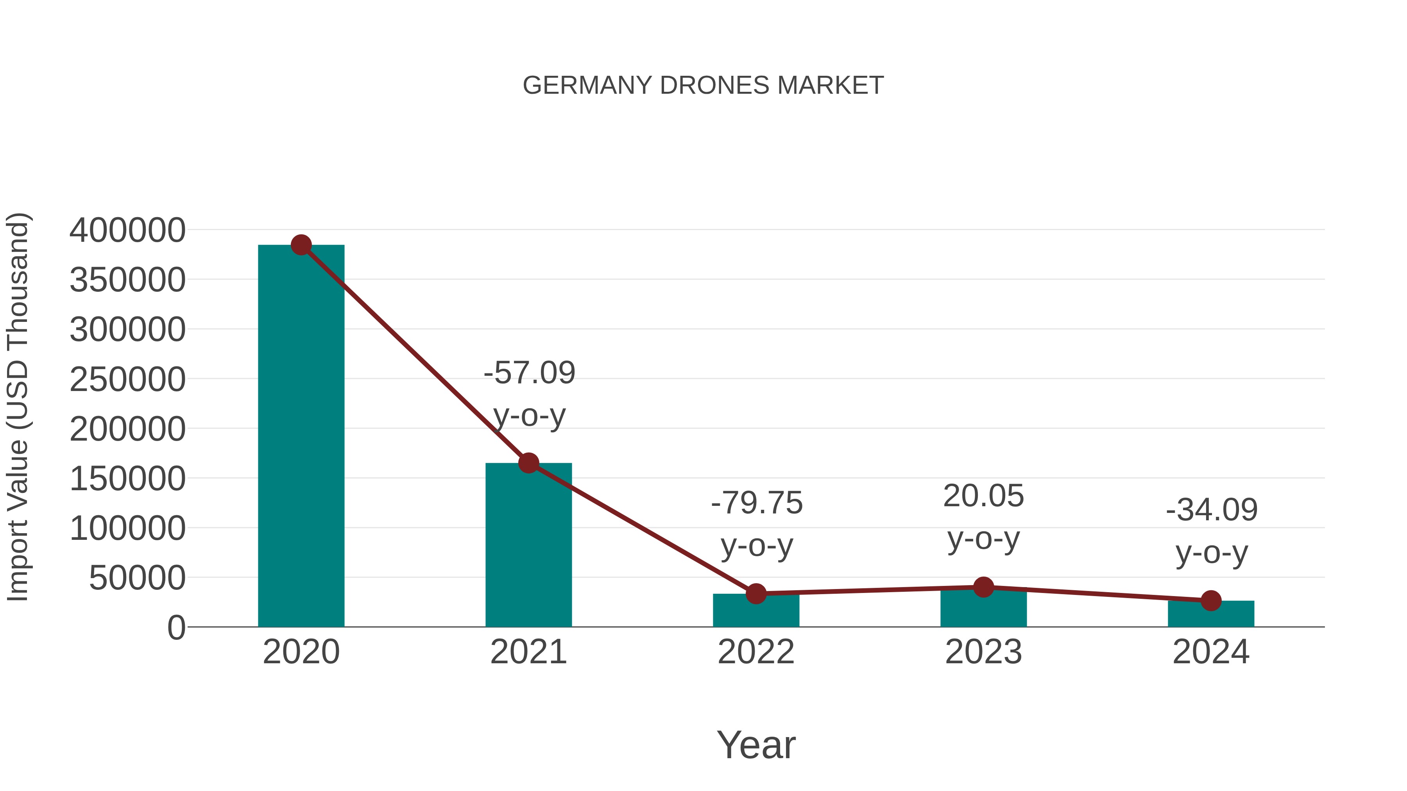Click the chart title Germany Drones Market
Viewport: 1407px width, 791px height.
703,86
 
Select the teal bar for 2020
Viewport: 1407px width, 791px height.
301,437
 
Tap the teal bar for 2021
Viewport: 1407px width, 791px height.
528,546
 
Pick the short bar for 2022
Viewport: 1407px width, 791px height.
756,611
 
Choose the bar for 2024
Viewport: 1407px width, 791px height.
1211,614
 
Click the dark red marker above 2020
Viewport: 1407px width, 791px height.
301,245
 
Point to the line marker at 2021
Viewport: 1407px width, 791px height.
528,463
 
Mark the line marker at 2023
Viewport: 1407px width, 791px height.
983,587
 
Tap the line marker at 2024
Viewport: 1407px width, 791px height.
1211,600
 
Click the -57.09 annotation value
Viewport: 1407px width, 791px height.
529,373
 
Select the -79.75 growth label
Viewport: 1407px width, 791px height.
757,503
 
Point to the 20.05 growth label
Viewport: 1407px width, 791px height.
983,496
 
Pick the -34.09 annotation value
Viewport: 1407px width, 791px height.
1212,510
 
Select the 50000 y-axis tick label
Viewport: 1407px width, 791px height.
137,578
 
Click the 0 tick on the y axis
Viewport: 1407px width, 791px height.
176,628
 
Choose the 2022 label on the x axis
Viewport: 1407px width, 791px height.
756,652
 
